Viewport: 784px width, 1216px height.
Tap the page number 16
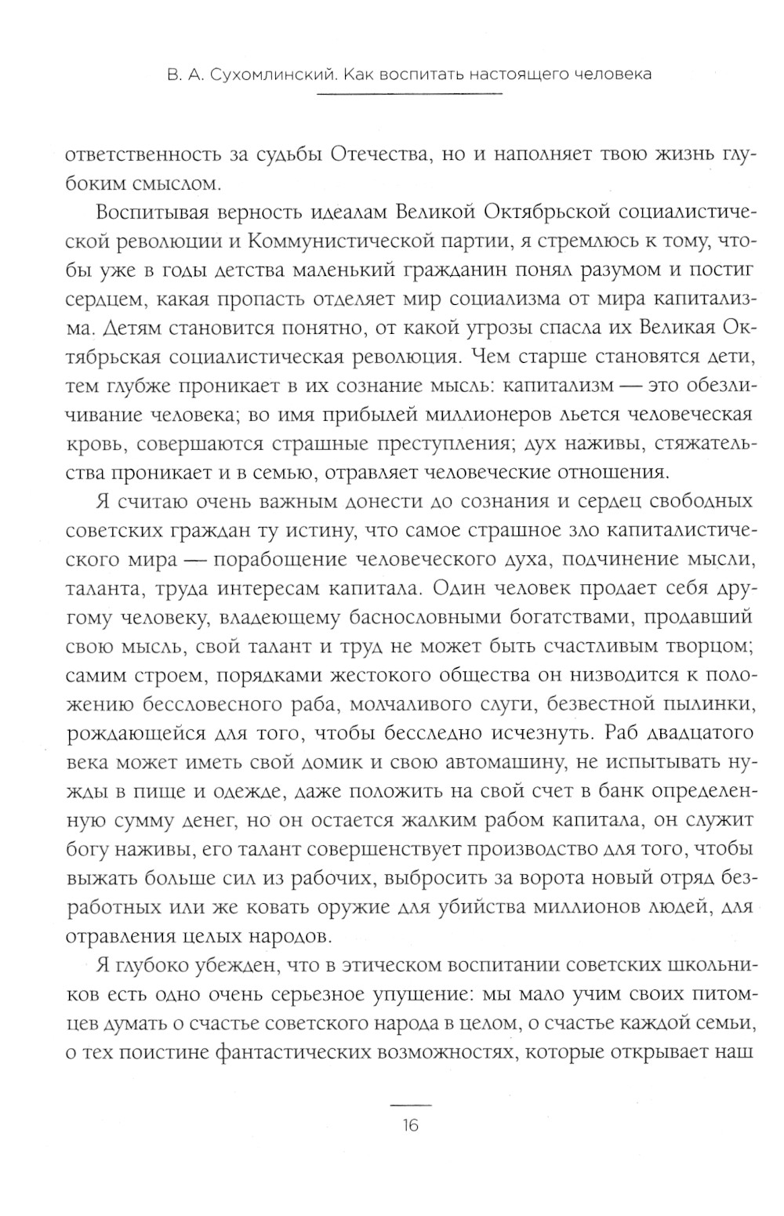click(x=410, y=1126)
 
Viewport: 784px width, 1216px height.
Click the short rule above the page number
click(x=410, y=1104)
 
